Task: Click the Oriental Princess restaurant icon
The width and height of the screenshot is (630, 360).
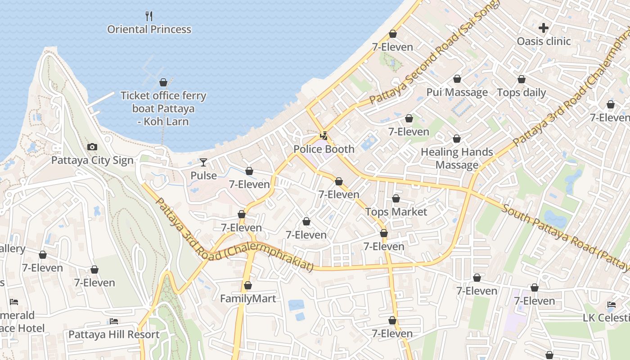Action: [x=149, y=16]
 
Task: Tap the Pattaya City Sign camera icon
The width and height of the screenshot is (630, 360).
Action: [x=92, y=147]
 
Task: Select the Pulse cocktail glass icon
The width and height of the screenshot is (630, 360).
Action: [x=203, y=162]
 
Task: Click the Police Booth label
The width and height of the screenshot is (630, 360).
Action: [x=324, y=149]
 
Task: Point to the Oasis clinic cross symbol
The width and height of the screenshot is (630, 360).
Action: [x=544, y=28]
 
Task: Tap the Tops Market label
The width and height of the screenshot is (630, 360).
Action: [x=396, y=211]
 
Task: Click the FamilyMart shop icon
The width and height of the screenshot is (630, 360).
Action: [x=247, y=285]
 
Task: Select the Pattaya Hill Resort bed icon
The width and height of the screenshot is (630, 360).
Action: [x=114, y=321]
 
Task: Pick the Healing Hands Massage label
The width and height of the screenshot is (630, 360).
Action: [x=457, y=158]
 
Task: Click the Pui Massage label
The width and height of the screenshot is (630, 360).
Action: [x=457, y=92]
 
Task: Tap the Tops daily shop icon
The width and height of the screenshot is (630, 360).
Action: [x=521, y=80]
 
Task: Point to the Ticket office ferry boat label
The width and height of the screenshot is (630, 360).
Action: [x=163, y=108]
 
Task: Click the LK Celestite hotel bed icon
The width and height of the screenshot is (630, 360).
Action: [x=611, y=305]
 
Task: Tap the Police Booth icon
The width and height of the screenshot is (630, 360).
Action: [x=324, y=135]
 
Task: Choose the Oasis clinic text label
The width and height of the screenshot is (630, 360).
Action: [x=544, y=41]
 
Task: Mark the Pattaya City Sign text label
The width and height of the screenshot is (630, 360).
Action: [x=92, y=161]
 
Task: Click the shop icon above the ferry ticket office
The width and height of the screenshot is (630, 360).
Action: [x=163, y=83]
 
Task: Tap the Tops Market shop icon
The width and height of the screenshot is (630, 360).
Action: [x=396, y=198]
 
